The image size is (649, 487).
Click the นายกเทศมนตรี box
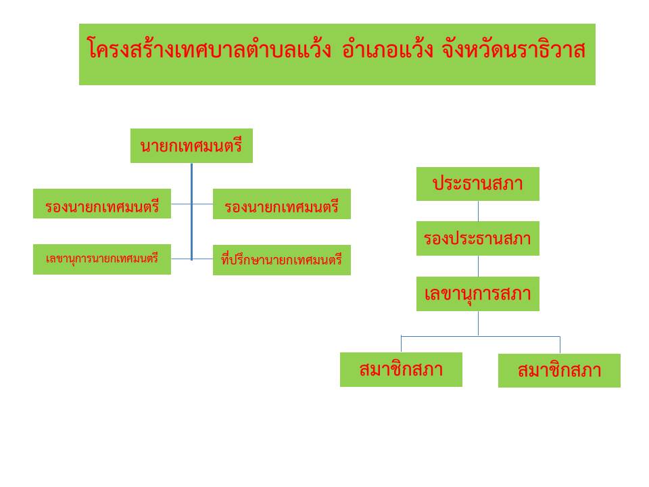pyautogui.click(x=191, y=146)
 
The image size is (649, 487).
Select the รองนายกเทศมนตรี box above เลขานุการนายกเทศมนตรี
pyautogui.click(x=102, y=204)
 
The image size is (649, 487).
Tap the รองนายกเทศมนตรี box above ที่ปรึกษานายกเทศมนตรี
pyautogui.click(x=281, y=204)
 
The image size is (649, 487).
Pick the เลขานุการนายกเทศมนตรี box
pyautogui.click(x=102, y=259)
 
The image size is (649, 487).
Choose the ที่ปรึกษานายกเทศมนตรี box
pyautogui.click(x=281, y=260)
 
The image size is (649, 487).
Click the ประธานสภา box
pyautogui.click(x=478, y=184)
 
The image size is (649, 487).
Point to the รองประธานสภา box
pyautogui.click(x=478, y=238)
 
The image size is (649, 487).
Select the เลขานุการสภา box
pyautogui.click(x=478, y=294)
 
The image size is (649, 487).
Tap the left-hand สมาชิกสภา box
pyautogui.click(x=401, y=369)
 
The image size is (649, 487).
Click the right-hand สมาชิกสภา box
pyautogui.click(x=559, y=371)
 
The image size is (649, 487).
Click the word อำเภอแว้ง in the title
pyautogui.click(x=387, y=49)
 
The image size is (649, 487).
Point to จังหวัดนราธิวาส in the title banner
pyautogui.click(x=514, y=49)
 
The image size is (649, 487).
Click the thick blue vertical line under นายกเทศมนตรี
pyautogui.click(x=191, y=212)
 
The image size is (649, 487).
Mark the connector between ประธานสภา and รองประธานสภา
pyautogui.click(x=478, y=211)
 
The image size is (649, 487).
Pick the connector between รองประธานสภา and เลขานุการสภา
pyautogui.click(x=478, y=266)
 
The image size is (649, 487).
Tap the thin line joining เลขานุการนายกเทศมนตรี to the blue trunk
pyautogui.click(x=181, y=259)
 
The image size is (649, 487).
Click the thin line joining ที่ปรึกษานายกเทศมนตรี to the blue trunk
pyautogui.click(x=203, y=259)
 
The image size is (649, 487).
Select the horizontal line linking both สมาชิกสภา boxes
pyautogui.click(x=481, y=336)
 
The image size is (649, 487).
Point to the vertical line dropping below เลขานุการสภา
pyautogui.click(x=478, y=323)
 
